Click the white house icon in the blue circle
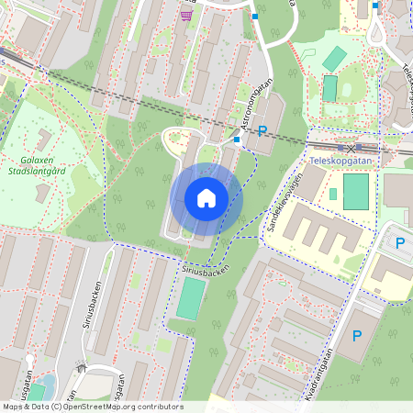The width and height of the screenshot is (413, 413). click(x=206, y=197)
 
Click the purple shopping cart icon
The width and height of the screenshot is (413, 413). click(x=187, y=15)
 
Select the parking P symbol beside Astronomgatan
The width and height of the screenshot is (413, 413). click(x=262, y=132)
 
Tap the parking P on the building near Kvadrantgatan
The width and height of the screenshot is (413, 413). click(x=356, y=337)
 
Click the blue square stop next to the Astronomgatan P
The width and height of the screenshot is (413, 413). click(x=238, y=140)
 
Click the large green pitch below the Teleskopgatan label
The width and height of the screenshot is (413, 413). click(x=355, y=191)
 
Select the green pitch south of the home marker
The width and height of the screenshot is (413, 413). click(x=190, y=298)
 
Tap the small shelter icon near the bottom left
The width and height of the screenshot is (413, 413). click(x=82, y=369)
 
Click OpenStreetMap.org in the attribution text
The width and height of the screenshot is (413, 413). click(x=100, y=407)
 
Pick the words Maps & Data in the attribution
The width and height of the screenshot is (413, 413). click(x=22, y=407)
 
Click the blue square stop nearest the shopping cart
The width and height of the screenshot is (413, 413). click(x=255, y=17)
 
